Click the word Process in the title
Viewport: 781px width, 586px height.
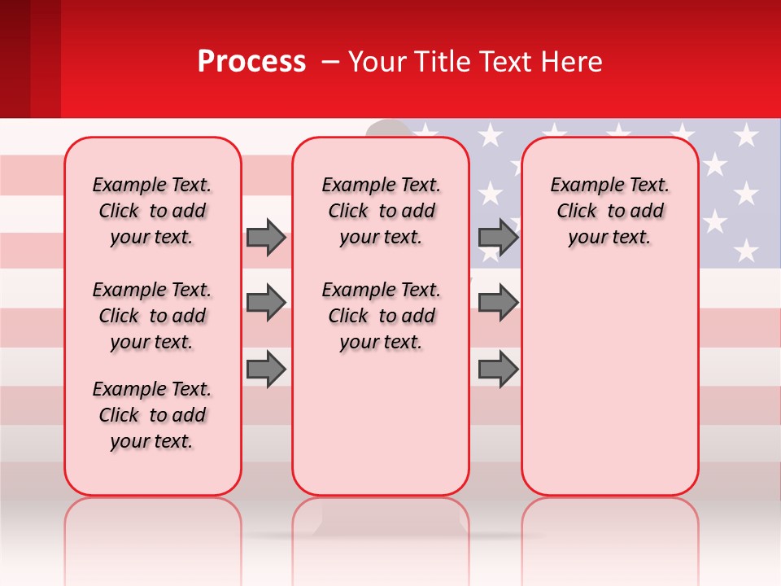[251, 62]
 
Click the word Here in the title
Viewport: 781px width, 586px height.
[569, 62]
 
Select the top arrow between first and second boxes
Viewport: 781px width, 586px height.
[266, 237]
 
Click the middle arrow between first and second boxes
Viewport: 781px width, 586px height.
[266, 303]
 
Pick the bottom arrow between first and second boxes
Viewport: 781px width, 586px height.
[266, 369]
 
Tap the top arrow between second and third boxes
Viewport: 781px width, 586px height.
[498, 237]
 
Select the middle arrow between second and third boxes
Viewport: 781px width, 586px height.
[498, 303]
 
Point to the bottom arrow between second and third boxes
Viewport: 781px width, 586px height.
[498, 369]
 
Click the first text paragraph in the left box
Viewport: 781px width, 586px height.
[152, 211]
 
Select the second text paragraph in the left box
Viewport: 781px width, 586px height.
[152, 316]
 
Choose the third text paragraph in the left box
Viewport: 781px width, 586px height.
[152, 415]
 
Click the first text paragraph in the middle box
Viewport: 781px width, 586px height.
[381, 211]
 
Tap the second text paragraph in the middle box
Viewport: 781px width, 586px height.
[381, 316]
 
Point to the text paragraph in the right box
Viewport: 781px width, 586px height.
[610, 211]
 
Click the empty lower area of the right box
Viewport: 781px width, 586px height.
[610, 383]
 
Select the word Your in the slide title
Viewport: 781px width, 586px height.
[376, 62]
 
